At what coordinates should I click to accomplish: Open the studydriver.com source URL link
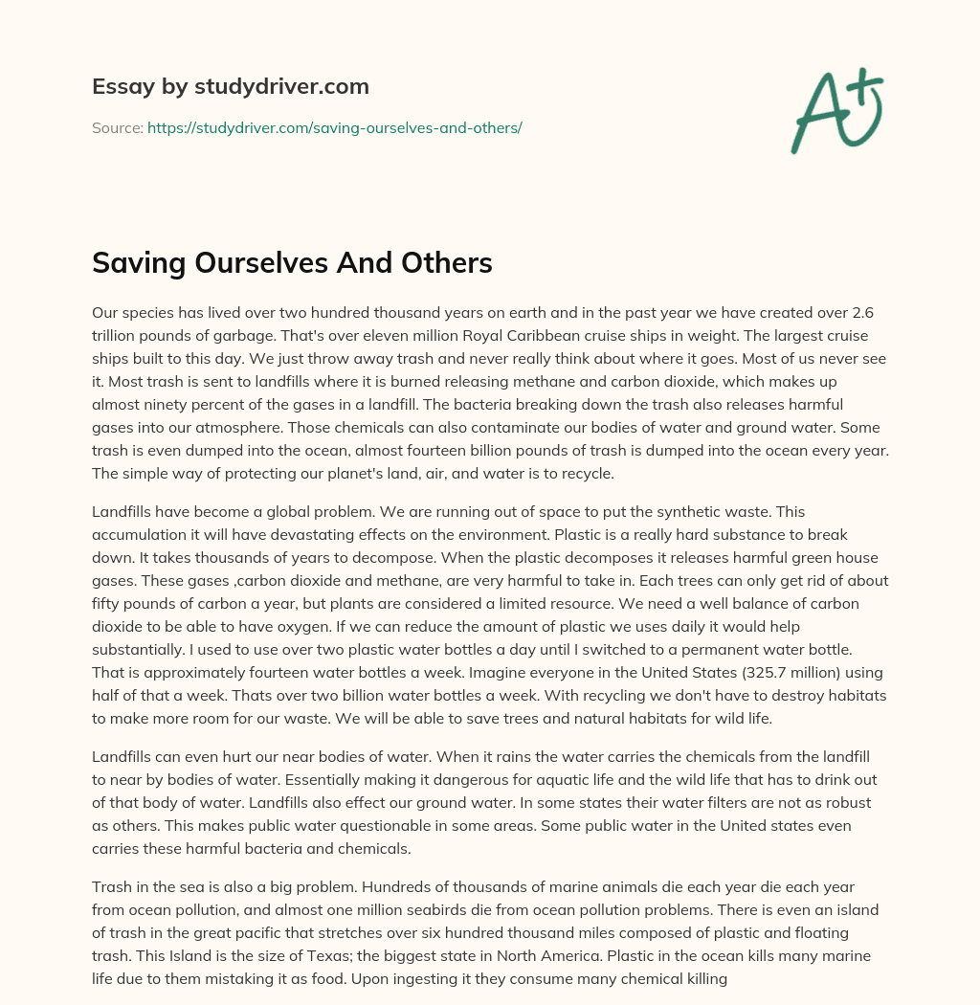(334, 127)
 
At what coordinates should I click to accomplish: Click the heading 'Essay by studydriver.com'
(230, 86)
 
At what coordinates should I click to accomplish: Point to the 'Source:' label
(117, 127)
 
